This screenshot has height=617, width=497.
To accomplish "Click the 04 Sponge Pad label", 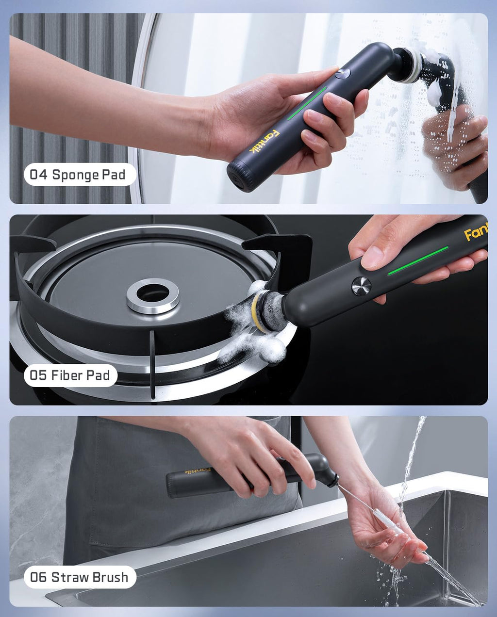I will [78, 175].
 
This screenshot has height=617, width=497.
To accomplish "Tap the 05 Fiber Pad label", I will [70, 375].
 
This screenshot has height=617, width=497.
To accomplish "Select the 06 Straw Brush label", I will [80, 577].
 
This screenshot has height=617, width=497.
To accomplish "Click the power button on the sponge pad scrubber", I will [343, 74].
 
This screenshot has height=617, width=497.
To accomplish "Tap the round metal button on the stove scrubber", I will [361, 286].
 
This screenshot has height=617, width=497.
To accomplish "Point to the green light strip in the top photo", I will [307, 103].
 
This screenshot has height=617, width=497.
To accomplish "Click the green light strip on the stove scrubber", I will [417, 260].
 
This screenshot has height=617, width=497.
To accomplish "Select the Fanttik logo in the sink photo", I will [198, 471].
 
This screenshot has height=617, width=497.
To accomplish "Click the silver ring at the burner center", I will [153, 295].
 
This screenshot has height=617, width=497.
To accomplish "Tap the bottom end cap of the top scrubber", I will [240, 175].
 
